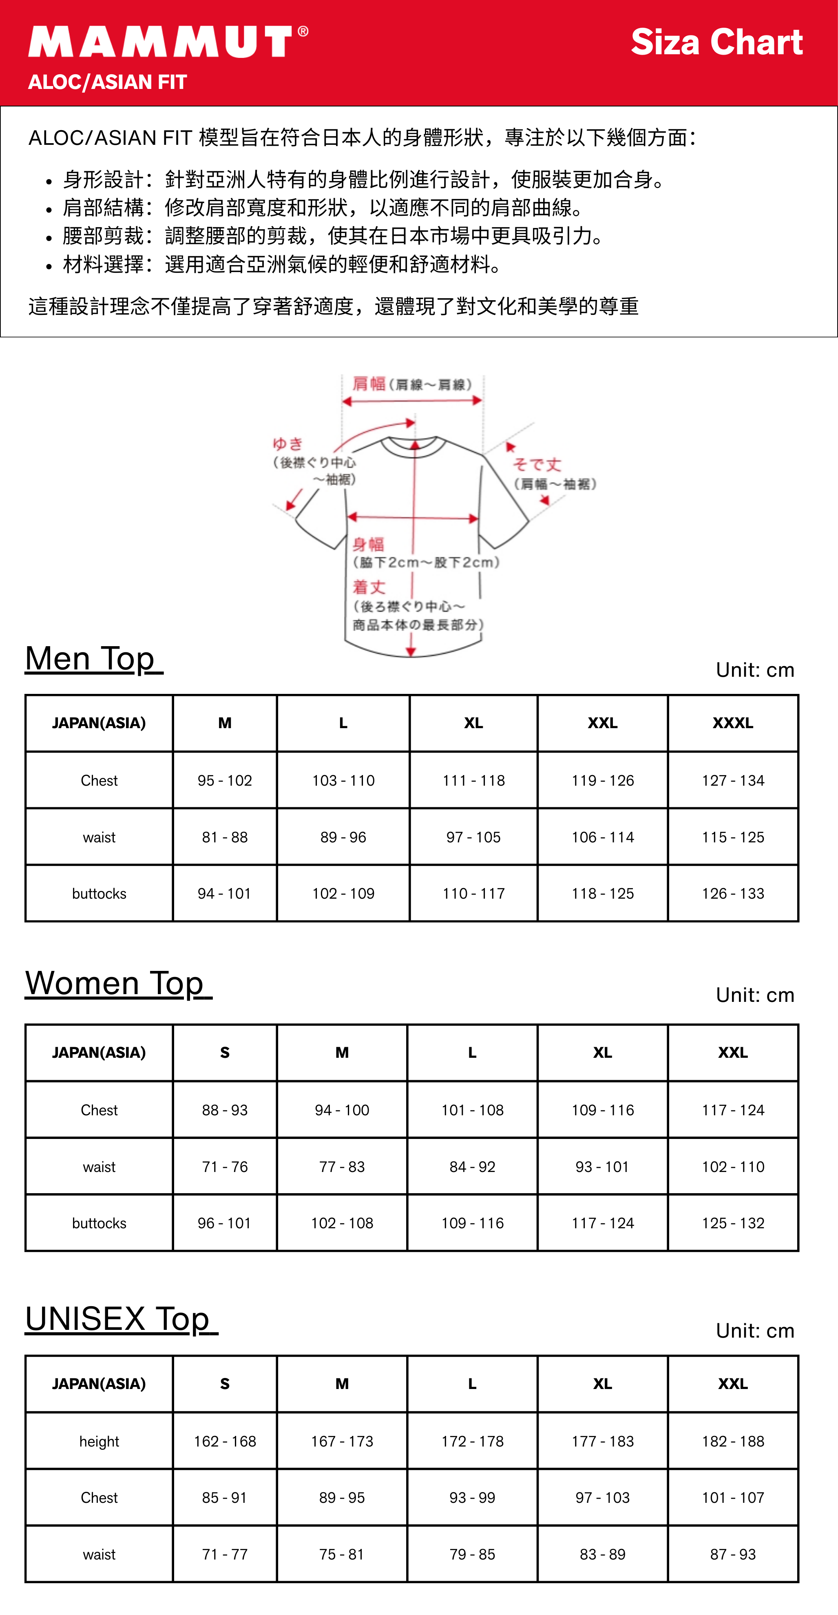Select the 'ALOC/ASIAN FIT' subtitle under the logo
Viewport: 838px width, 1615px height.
(107, 82)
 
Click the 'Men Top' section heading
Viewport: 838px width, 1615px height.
(94, 659)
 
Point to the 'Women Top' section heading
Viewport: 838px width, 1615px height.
(118, 983)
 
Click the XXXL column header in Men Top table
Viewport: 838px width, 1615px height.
(733, 723)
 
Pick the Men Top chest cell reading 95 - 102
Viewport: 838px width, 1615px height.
(224, 780)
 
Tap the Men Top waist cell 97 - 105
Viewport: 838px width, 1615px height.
(473, 837)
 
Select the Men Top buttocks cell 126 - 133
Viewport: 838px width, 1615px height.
(733, 893)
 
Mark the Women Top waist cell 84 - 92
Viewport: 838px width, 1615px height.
(472, 1167)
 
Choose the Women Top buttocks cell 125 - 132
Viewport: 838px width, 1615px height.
(733, 1223)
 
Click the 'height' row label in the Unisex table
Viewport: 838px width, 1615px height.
(99, 1441)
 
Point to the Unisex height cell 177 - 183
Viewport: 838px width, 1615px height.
(602, 1441)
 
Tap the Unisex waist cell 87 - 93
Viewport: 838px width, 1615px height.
(733, 1554)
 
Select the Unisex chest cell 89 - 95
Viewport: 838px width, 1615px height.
(342, 1498)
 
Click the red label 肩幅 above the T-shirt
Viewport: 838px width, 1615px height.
(369, 384)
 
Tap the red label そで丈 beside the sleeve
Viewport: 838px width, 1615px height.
(537, 465)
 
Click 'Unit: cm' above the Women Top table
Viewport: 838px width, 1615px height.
(755, 995)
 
